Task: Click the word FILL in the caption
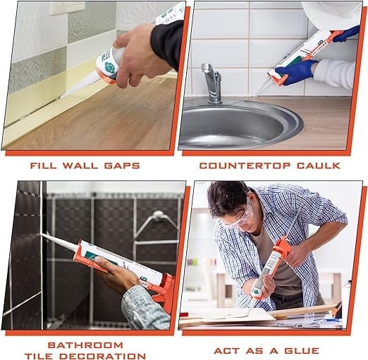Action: point(44,166)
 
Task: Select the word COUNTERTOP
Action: point(245,166)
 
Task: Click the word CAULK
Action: point(319,166)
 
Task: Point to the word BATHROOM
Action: point(85,345)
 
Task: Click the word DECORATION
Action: point(102,356)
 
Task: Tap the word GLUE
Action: point(302,351)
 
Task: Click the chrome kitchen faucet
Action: point(212,82)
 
